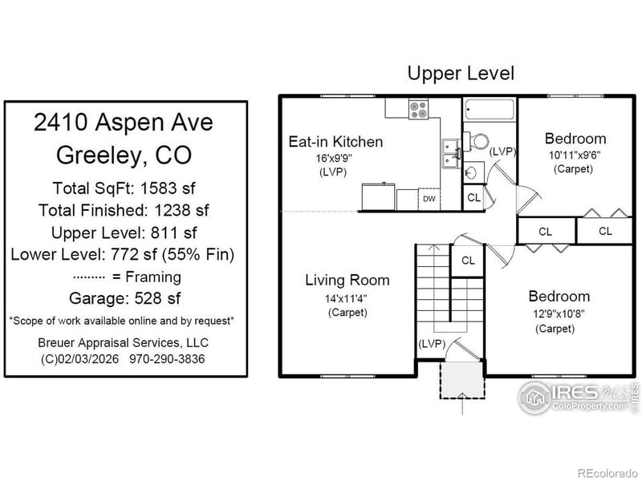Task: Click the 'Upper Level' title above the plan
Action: pos(461,74)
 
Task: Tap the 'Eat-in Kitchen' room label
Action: pos(335,142)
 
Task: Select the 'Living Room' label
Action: pos(347,280)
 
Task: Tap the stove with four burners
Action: pos(418,109)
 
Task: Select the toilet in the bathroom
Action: pos(478,140)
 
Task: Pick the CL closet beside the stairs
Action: pos(468,261)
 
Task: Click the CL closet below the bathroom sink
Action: pos(473,197)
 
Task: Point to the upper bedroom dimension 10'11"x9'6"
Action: pos(575,154)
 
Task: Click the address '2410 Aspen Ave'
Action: pos(124,123)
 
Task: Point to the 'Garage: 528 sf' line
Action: pos(124,298)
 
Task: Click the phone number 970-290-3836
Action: pos(166,359)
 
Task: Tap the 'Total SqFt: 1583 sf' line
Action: pos(124,188)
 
